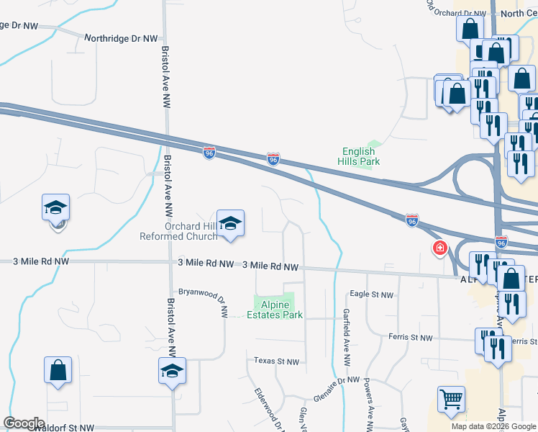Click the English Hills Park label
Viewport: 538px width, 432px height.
[358, 156]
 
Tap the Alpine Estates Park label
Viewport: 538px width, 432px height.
[274, 310]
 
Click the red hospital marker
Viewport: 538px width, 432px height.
[439, 249]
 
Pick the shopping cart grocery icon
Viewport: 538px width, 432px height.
[451, 399]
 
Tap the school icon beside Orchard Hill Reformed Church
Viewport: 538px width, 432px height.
[231, 224]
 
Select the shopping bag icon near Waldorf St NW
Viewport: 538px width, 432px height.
[58, 371]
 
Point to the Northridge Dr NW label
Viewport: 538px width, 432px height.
[120, 38]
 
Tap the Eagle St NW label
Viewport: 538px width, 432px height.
[371, 294]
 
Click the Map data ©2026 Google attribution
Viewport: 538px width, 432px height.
[493, 426]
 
